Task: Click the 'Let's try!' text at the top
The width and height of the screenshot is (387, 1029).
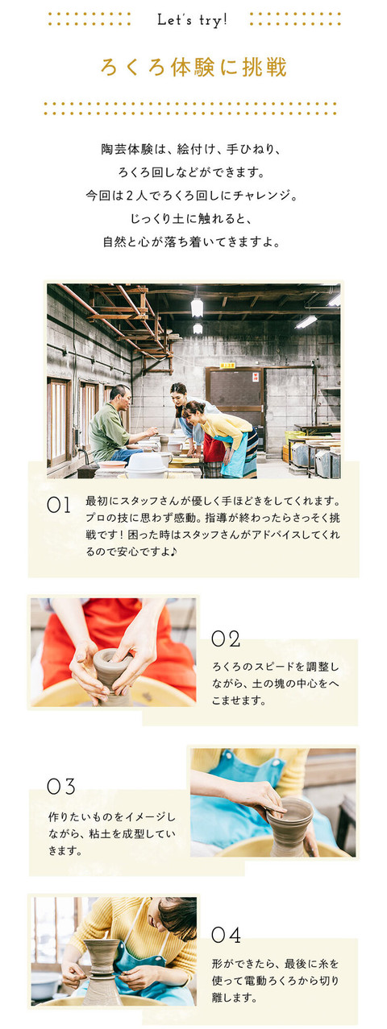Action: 193,19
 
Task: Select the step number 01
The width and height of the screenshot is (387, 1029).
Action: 59,506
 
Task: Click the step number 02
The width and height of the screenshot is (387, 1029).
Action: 226,639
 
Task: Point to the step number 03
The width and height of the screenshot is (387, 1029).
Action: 61,785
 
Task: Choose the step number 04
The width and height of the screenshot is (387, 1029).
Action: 226,935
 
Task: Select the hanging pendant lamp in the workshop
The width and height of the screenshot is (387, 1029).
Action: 197,307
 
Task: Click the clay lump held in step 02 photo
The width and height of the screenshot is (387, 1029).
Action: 111,667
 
